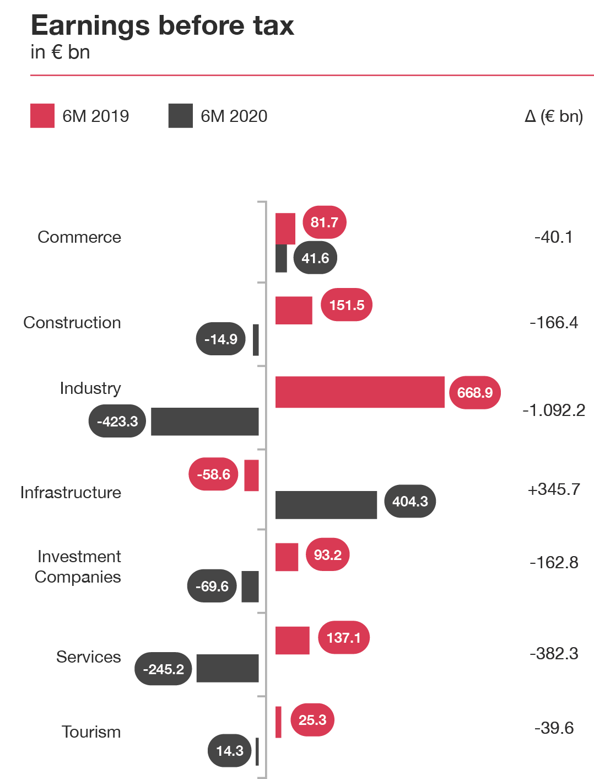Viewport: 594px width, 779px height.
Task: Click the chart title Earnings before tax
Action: [x=163, y=26]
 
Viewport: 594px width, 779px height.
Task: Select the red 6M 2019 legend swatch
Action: [x=42, y=116]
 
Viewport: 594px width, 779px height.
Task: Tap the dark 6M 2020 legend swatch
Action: [x=180, y=116]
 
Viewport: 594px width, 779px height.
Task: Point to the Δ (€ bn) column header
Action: [x=554, y=116]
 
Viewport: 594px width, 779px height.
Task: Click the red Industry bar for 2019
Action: [x=359, y=392]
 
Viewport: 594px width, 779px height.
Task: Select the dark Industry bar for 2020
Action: [x=204, y=422]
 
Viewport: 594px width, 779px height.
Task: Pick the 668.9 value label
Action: [x=474, y=393]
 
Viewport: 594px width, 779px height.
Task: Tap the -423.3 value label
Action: [x=117, y=421]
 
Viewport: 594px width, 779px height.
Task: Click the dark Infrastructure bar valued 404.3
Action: [x=326, y=505]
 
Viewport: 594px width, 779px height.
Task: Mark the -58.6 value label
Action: [x=213, y=474]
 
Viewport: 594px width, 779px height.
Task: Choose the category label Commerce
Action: [x=79, y=237]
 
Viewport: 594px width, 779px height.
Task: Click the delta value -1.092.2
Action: [x=554, y=410]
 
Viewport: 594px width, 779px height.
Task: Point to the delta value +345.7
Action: [x=554, y=489]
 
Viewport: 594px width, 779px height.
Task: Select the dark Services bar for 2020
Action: [x=227, y=668]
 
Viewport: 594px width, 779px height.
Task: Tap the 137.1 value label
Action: [x=343, y=638]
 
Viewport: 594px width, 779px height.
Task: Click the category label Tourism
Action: [x=91, y=732]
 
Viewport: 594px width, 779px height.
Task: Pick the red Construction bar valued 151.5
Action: [x=294, y=310]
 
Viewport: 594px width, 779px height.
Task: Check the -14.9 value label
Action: [x=220, y=339]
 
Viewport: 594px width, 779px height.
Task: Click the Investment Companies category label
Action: [x=78, y=567]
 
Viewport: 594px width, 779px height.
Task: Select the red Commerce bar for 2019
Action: [x=285, y=228]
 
